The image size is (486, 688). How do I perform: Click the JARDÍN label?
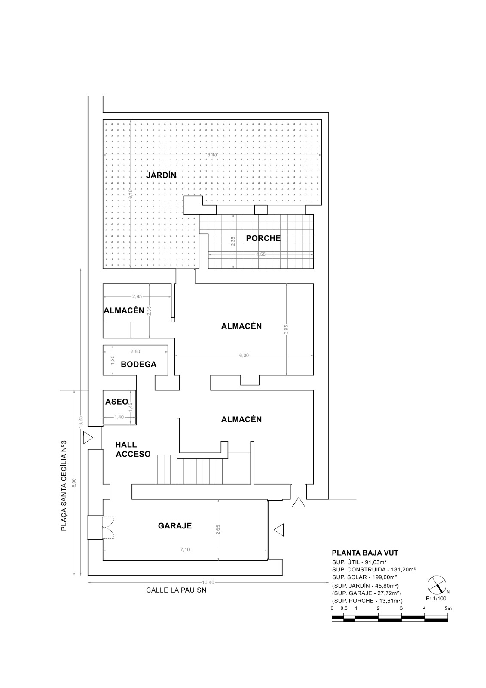point(161,175)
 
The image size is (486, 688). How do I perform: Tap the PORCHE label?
point(263,238)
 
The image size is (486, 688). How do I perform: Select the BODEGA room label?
point(138,364)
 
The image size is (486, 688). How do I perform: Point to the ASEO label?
point(116,402)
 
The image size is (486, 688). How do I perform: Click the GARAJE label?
point(174,525)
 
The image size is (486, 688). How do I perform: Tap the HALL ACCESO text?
point(132,449)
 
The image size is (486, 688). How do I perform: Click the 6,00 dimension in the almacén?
point(244,356)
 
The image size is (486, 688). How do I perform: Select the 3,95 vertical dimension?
point(287,329)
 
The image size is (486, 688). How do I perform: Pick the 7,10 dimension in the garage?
point(185,550)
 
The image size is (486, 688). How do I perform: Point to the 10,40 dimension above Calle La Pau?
point(208,582)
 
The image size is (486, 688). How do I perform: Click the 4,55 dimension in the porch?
point(261,254)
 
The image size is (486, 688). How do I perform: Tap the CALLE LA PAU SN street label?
point(176,590)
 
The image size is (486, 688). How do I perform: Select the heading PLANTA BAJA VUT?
point(368,553)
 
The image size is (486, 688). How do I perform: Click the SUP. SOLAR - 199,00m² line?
point(364,577)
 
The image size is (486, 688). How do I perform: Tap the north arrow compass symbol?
point(436,584)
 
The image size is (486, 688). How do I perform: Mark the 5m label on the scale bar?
point(448,608)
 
